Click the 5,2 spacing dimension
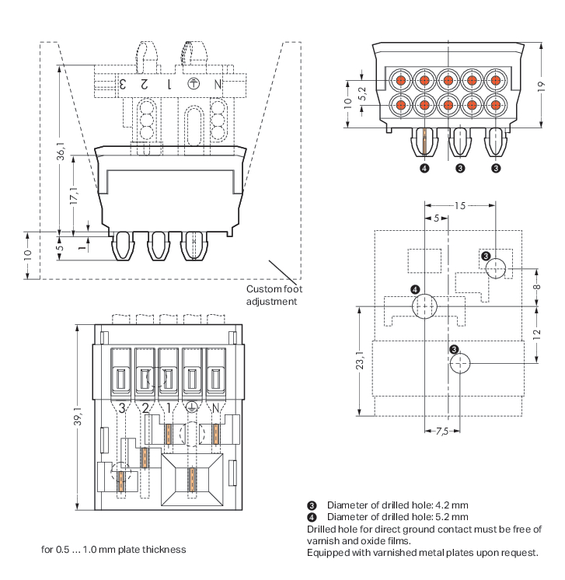(x=362, y=93)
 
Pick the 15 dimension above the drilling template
(x=459, y=206)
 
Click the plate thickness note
(x=113, y=550)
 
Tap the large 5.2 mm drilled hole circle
(x=424, y=307)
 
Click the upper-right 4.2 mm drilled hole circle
(x=495, y=269)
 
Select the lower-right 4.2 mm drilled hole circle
(x=460, y=363)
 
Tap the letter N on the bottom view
(x=215, y=407)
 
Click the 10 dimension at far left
(x=27, y=255)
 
